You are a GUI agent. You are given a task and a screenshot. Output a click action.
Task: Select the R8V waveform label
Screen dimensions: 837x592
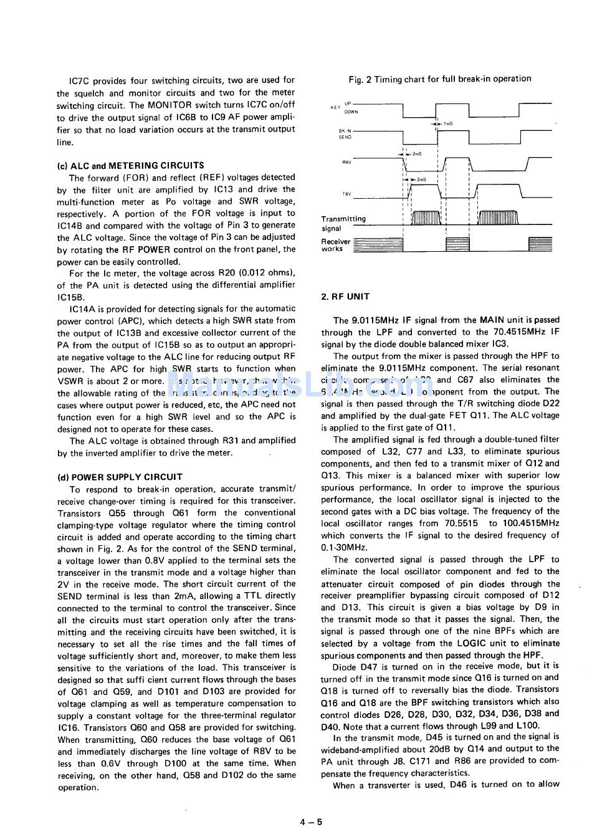[x=346, y=162]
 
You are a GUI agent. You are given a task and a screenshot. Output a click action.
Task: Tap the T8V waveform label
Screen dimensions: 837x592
[x=346, y=194]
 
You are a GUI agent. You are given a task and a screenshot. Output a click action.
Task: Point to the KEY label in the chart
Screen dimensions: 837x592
[x=335, y=108]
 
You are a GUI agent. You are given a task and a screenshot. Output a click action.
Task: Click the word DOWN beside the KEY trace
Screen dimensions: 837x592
[x=351, y=112]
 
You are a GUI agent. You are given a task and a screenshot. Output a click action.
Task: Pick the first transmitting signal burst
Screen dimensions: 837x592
[x=426, y=218]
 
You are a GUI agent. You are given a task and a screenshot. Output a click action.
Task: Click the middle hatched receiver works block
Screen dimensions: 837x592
[x=457, y=244]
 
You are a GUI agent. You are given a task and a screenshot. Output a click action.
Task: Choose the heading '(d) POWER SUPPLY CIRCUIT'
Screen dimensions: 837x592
[x=120, y=477]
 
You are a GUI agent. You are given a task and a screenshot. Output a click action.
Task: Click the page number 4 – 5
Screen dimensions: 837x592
[x=311, y=821]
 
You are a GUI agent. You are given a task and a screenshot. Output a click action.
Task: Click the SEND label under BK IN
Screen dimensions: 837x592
[x=345, y=136]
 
